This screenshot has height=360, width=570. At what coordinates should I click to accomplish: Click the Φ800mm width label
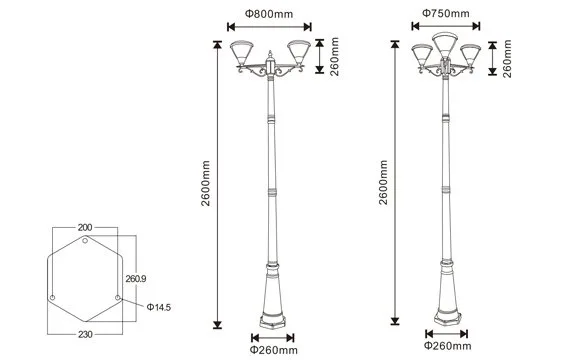pyautogui.click(x=269, y=14)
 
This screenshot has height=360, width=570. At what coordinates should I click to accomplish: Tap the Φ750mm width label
pyautogui.click(x=446, y=13)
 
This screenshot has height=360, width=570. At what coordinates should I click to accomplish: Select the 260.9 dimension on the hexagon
pyautogui.click(x=136, y=279)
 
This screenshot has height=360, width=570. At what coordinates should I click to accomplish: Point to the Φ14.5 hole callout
pyautogui.click(x=159, y=307)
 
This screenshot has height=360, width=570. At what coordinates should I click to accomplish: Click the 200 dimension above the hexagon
pyautogui.click(x=85, y=228)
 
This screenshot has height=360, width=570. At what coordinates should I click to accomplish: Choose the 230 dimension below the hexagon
pyautogui.click(x=85, y=334)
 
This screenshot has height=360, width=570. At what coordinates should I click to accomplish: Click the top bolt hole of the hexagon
pyautogui.click(x=85, y=240)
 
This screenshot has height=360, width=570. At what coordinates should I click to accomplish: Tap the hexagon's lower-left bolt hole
pyautogui.click(x=52, y=297)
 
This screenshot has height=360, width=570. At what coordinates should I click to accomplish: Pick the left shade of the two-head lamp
pyautogui.click(x=242, y=53)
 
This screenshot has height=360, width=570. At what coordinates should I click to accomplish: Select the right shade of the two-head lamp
pyautogui.click(x=299, y=53)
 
